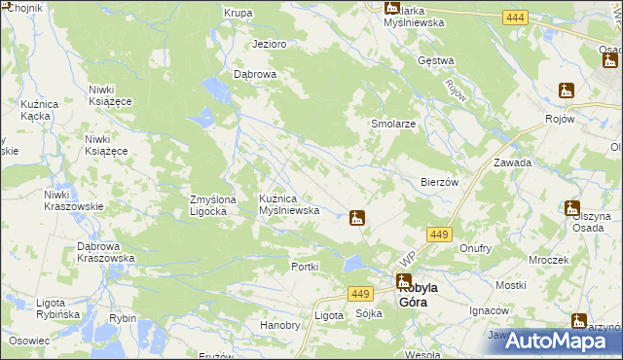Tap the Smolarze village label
tap(394, 126)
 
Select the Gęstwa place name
tap(436, 61)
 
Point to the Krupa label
tap(238, 14)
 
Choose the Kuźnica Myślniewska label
tap(289, 204)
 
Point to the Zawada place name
tap(512, 163)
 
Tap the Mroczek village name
tap(549, 261)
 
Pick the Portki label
tap(306, 267)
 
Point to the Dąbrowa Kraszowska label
tap(105, 252)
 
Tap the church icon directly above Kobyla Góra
tap(403, 281)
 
